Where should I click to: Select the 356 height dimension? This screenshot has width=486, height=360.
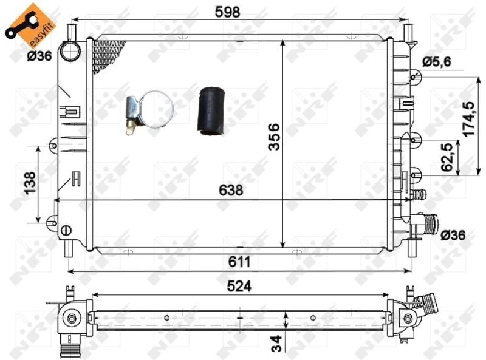274,137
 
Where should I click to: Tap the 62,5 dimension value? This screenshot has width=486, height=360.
448,157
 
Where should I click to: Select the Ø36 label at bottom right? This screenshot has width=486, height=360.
454,234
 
